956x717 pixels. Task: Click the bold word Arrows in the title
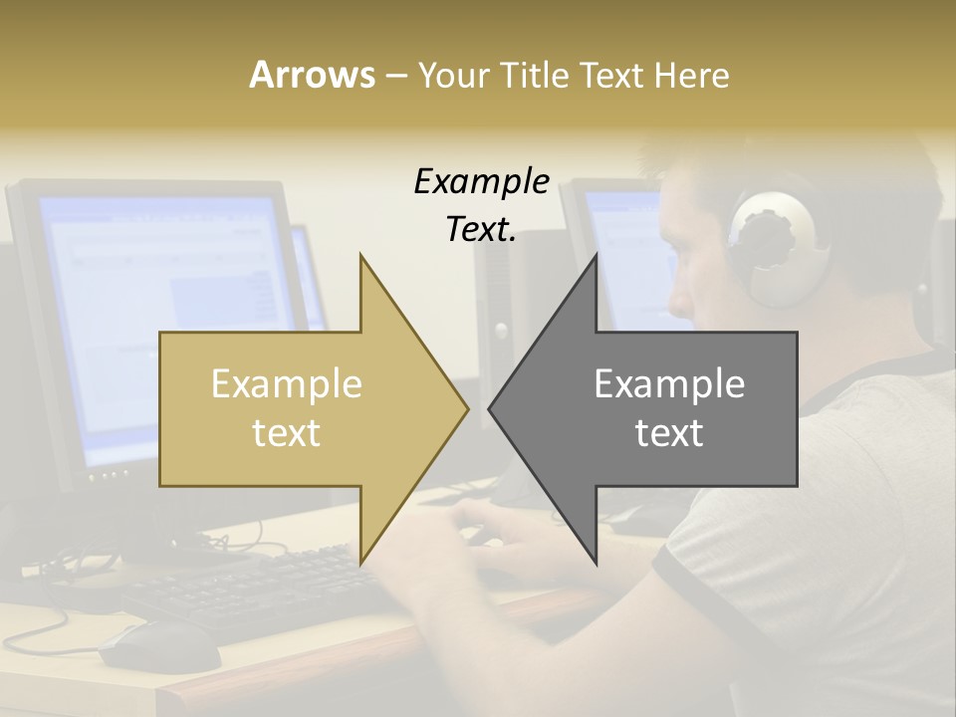[312, 75]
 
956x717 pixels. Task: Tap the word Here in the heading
[691, 75]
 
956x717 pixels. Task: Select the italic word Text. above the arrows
[481, 229]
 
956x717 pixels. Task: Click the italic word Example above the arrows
[481, 182]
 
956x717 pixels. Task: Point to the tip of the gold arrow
[466, 407]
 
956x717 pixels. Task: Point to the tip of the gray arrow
[491, 407]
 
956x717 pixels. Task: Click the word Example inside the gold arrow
[287, 383]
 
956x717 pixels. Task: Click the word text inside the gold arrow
[287, 432]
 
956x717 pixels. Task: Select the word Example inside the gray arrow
[669, 383]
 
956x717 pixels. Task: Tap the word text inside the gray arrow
[669, 432]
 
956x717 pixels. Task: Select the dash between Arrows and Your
[395, 76]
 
